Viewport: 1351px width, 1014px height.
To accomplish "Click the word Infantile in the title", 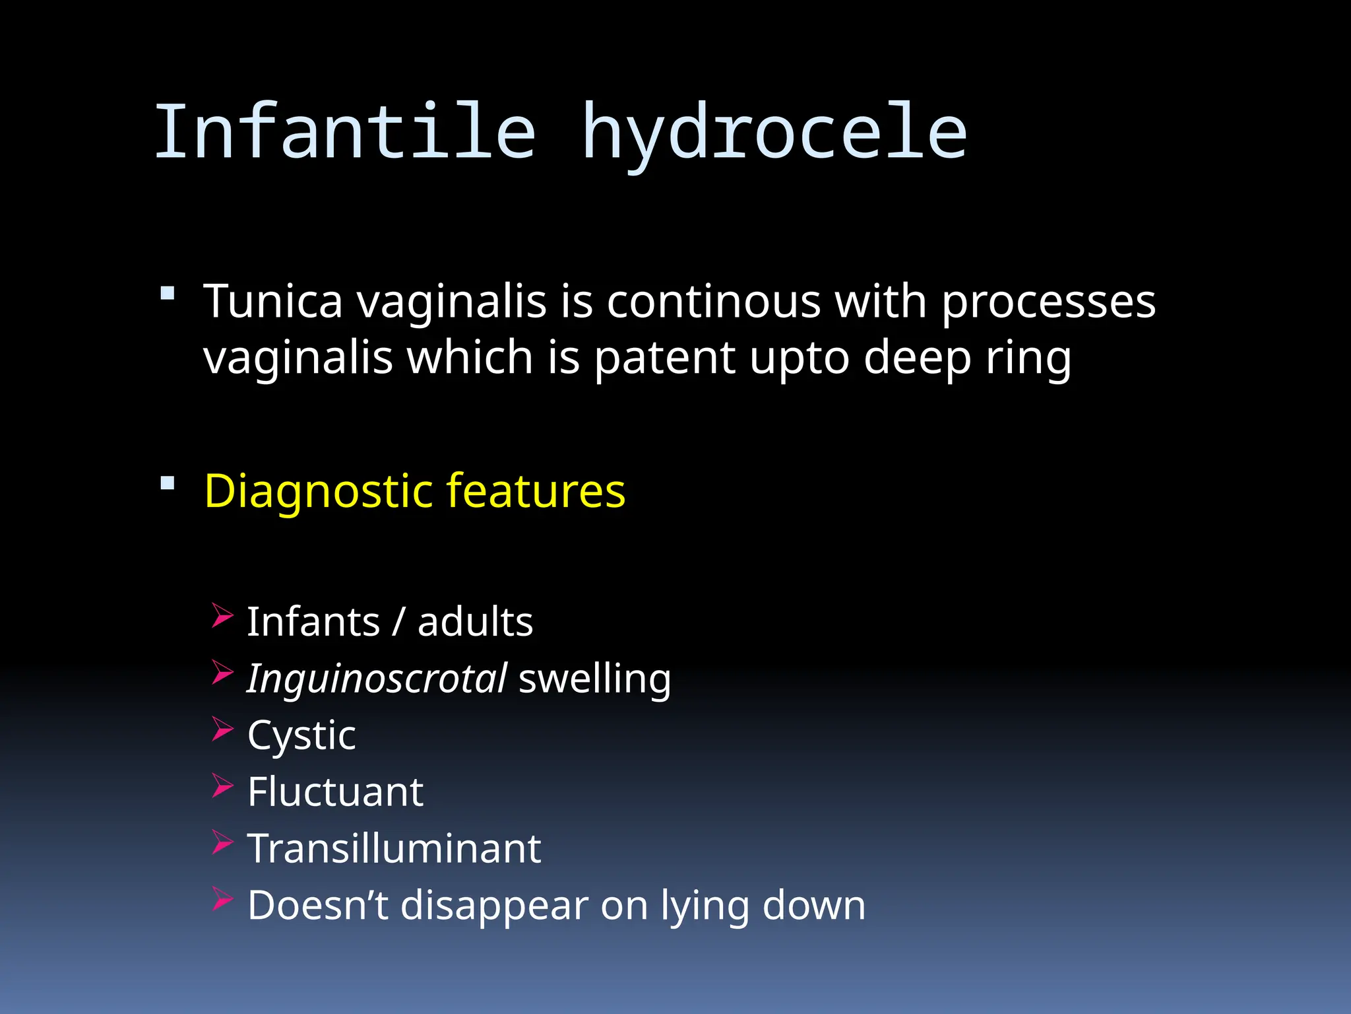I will pos(344,132).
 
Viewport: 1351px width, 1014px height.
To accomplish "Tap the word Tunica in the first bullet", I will pos(273,302).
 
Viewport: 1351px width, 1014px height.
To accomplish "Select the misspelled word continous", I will pos(713,302).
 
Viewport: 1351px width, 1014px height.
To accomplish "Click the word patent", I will pos(664,358).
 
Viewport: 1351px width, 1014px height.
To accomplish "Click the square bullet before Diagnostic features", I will pos(168,483).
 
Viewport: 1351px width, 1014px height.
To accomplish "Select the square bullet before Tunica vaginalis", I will pos(168,293).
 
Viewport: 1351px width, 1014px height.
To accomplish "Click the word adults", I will pos(475,623).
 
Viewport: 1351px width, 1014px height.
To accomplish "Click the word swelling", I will pos(594,679).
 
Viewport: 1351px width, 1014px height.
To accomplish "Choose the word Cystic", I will pos(301,736).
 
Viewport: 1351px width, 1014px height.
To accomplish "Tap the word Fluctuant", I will pos(335,792).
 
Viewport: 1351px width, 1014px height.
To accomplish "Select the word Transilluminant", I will pos(394,849).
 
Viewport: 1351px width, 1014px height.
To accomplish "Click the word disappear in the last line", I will pos(494,906).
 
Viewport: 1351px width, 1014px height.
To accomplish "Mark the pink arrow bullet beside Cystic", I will pos(222,729).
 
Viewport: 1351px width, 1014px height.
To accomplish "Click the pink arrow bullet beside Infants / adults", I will pos(222,615).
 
